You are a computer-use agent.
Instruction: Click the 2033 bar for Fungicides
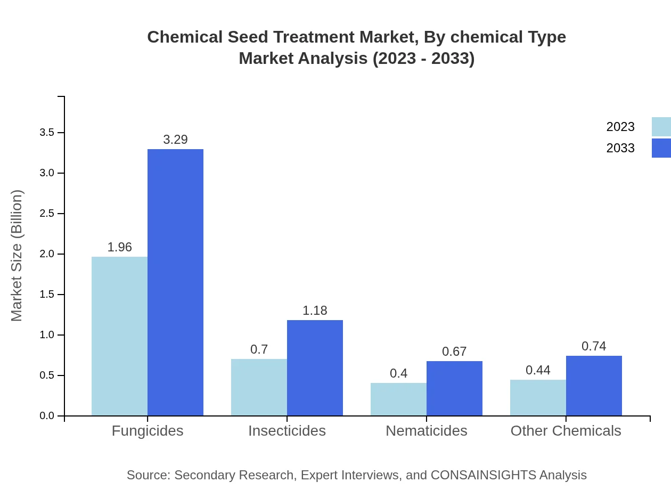click(175, 282)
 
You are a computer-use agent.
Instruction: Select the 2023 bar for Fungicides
click(119, 336)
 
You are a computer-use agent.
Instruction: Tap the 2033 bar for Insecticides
click(315, 367)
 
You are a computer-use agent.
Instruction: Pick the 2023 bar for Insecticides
click(259, 387)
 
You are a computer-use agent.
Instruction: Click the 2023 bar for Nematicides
click(398, 399)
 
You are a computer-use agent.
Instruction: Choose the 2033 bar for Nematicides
click(454, 388)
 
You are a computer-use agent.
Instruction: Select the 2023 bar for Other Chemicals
click(538, 397)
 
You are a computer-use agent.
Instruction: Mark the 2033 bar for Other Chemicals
click(594, 386)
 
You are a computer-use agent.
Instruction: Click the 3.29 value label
click(175, 140)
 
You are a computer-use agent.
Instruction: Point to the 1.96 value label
click(119, 247)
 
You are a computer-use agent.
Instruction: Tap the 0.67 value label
click(454, 352)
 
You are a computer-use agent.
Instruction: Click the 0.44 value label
click(538, 370)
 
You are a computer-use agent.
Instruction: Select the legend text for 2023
click(620, 127)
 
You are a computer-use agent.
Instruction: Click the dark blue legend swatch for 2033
click(661, 148)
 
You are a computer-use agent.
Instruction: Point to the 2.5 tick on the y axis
click(47, 214)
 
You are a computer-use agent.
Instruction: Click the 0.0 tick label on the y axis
click(47, 416)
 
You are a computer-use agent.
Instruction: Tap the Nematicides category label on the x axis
click(426, 430)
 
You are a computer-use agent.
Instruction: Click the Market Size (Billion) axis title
click(17, 256)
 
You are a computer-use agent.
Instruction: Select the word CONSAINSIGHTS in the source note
click(483, 475)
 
